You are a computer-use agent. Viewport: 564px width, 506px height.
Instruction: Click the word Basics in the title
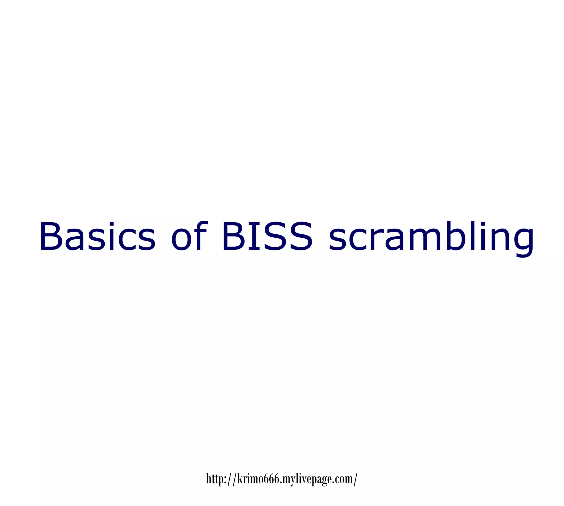pyautogui.click(x=97, y=237)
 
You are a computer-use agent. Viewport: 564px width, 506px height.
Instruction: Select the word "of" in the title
pyautogui.click(x=189, y=237)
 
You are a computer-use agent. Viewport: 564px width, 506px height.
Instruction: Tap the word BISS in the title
pyautogui.click(x=267, y=237)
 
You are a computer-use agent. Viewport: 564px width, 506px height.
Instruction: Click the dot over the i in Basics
pyautogui.click(x=110, y=224)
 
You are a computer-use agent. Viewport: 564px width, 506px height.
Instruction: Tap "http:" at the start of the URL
pyautogui.click(x=216, y=478)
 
